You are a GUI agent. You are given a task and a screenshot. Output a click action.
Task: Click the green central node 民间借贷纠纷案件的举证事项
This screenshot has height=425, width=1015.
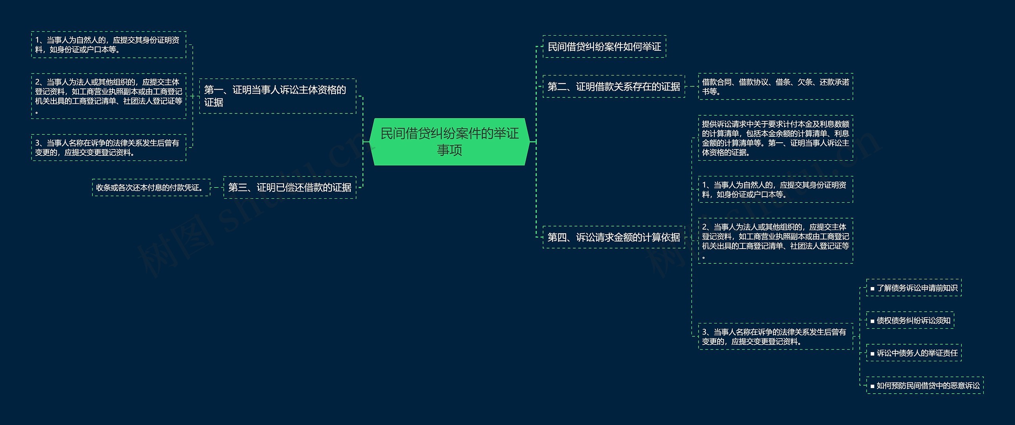point(449,142)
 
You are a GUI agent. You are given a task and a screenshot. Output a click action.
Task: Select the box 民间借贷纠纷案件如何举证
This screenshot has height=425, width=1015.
point(604,47)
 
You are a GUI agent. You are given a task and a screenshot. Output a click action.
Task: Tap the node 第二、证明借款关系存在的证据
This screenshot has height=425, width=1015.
point(613,86)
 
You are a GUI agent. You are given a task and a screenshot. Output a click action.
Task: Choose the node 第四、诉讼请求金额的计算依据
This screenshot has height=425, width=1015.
point(613,237)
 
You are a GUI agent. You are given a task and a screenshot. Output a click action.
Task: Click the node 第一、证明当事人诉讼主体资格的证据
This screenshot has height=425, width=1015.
point(278,96)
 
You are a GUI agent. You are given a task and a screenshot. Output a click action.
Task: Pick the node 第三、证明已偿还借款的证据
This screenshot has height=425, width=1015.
point(289,187)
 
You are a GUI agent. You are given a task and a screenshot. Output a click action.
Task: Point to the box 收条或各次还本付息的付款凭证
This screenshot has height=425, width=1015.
point(151,188)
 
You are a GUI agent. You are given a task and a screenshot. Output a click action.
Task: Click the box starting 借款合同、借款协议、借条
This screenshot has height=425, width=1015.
point(775,86)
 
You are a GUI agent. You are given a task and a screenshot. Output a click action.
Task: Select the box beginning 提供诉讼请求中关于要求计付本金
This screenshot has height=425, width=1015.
point(775,138)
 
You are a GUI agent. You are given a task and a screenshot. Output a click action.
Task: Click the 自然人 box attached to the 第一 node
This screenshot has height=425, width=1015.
point(108,45)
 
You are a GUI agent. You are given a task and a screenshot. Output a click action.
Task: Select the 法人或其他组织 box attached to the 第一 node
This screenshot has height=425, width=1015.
point(108,96)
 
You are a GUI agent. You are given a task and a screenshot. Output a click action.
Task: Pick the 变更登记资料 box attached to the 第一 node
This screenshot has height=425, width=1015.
point(108,147)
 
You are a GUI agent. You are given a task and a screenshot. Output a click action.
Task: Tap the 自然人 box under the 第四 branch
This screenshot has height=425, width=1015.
point(775,190)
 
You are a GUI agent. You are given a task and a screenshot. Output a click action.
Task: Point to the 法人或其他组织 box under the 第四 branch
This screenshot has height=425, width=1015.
point(775,241)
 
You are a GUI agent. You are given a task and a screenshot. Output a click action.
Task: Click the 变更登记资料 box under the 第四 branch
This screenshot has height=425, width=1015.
point(775,337)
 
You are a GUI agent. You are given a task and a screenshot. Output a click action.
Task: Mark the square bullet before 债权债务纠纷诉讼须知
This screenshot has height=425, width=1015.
point(872,321)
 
